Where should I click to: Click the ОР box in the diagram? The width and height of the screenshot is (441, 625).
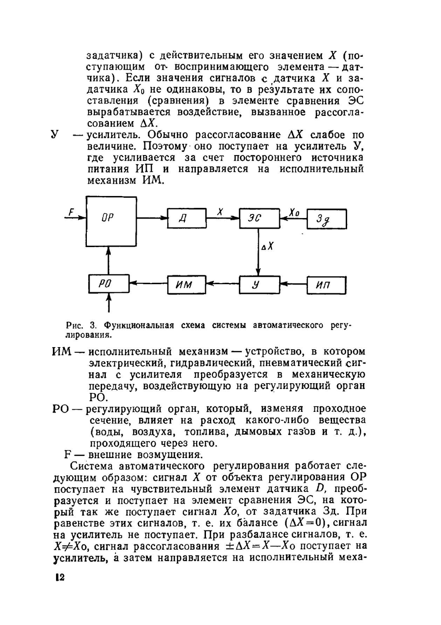111,222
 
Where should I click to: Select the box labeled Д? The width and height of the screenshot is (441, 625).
187,218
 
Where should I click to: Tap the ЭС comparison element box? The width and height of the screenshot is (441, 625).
259,218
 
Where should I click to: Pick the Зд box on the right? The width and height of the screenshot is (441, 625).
326,218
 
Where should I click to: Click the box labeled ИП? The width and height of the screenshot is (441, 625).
327,285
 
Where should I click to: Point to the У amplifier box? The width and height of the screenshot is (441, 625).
259,285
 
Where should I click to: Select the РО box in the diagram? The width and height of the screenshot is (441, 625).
108,284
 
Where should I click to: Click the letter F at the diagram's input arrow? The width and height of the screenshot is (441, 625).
71,212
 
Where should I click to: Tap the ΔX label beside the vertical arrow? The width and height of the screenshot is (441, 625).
268,247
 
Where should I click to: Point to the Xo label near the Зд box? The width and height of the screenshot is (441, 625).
294,213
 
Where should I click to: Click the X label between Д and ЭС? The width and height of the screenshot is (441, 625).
220,212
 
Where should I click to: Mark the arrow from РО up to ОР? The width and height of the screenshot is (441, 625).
108,261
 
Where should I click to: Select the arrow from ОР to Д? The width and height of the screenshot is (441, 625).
152,218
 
